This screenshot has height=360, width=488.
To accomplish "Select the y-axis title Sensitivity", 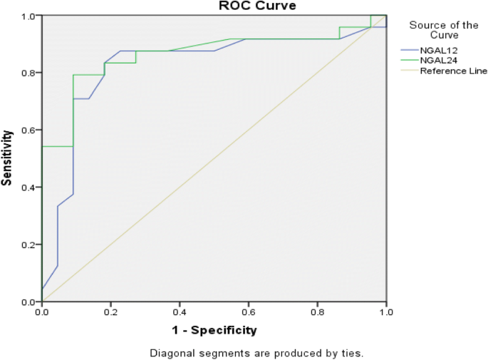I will tap(7, 158).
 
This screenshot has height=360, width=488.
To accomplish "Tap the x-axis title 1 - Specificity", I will tap(213, 330).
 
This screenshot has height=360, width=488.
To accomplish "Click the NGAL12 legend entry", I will tap(439, 49).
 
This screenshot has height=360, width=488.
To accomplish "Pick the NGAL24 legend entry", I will tap(439, 60).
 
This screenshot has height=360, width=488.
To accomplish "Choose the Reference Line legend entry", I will tap(453, 71).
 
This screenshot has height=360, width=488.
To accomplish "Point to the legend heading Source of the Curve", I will tap(443, 30).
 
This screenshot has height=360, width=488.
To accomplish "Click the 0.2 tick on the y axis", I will tap(28, 245).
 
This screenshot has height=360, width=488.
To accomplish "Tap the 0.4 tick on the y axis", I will tap(28, 187).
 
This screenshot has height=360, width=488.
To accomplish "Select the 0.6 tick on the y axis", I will tap(28, 130).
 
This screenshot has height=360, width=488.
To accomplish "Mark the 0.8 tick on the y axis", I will tap(28, 73).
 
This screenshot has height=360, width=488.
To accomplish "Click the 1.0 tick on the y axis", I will tap(28, 16).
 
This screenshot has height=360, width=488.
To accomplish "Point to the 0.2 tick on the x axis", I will tap(110, 312).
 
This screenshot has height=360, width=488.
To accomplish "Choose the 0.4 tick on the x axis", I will tap(180, 312).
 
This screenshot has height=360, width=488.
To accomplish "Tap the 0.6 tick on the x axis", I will tap(248, 312).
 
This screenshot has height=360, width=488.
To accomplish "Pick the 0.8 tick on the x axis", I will tap(317, 312).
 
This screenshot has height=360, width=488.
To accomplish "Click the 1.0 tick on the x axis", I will tap(385, 312).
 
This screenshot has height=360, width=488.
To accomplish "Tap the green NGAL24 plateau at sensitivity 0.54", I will tap(57, 146).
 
